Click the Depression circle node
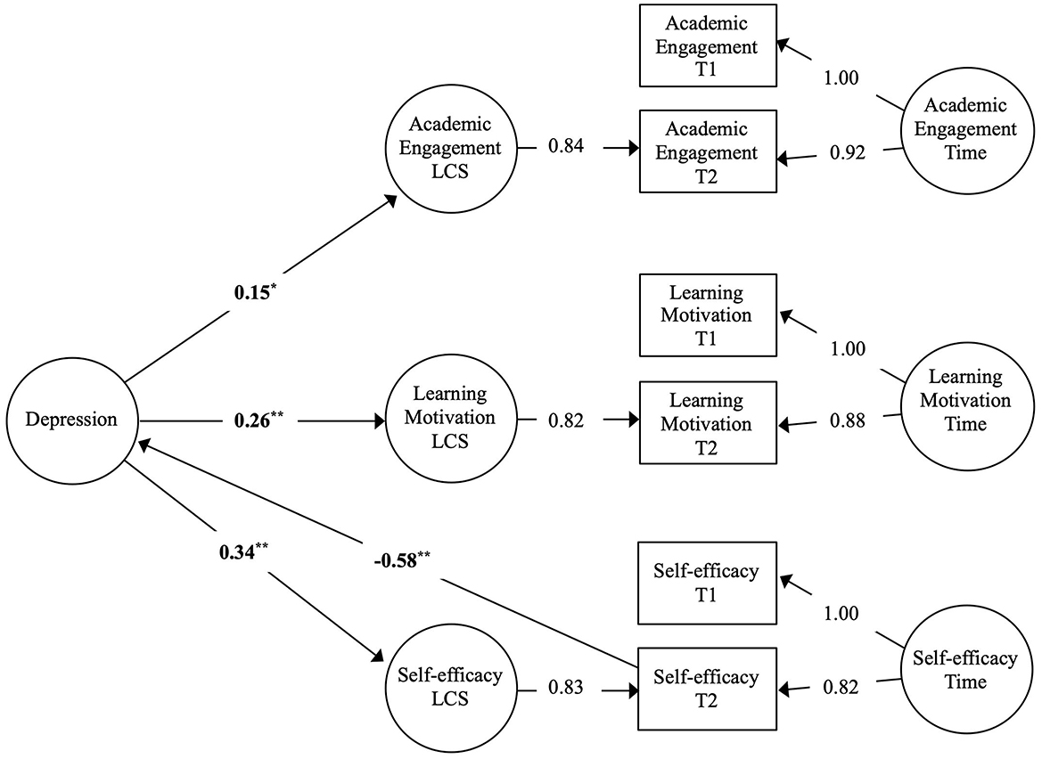[x=71, y=420]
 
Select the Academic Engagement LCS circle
[x=450, y=148]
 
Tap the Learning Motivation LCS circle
[x=450, y=419]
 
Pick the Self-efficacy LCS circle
[x=450, y=687]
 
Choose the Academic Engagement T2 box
[x=707, y=151]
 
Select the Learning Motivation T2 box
[x=707, y=423]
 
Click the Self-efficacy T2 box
[x=707, y=689]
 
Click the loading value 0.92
[x=849, y=153]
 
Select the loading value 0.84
[x=566, y=147]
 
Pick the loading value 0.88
[x=849, y=420]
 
